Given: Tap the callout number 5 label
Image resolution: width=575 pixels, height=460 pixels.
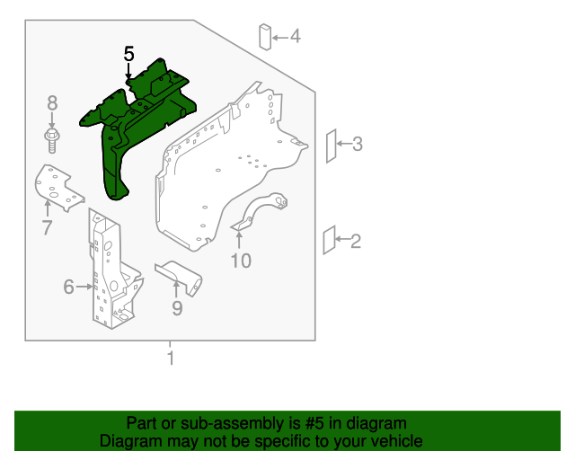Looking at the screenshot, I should (128, 55).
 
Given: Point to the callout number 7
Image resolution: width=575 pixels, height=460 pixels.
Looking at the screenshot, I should (47, 227).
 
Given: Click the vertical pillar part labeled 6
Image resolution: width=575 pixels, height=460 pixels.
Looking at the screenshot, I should (111, 270).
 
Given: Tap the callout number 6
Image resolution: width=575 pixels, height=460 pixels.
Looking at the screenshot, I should (68, 287).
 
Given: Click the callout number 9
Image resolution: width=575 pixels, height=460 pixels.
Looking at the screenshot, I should (177, 308).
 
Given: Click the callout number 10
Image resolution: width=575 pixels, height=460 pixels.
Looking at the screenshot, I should (241, 261).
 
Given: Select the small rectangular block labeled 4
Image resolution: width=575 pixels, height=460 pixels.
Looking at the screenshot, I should (265, 37).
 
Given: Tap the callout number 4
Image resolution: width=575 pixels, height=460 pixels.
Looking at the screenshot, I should (295, 37).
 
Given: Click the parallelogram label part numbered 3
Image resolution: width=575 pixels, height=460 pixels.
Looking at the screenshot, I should (330, 145).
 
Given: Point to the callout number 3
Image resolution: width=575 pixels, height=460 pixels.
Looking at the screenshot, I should (357, 144).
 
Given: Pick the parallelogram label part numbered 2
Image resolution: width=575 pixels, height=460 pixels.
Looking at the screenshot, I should (328, 241).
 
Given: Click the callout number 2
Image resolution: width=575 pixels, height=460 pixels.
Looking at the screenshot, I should (355, 241).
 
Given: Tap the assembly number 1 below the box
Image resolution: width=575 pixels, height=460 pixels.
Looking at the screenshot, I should (169, 360).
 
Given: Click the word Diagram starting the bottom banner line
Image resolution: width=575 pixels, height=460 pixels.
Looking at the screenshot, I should (127, 441).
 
